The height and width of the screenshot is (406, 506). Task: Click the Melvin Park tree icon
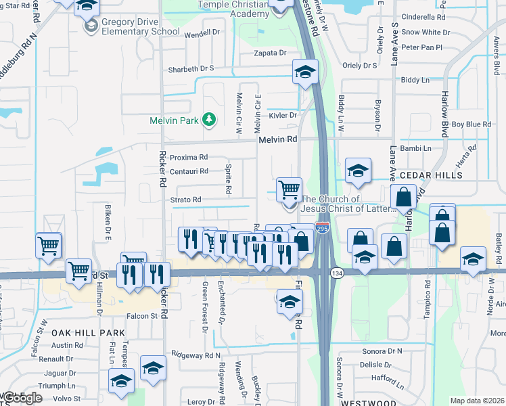[210, 120]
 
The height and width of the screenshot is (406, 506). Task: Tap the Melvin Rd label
[277, 139]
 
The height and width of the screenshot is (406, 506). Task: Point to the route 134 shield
[336, 273]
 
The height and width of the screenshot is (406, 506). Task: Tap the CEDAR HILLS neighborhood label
[430, 175]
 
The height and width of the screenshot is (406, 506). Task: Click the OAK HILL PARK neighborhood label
[89, 332]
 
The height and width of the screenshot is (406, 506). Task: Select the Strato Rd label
[186, 200]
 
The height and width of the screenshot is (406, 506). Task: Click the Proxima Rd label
[189, 157]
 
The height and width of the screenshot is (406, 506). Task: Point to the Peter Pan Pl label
[421, 47]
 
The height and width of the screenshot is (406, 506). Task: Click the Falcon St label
[143, 315]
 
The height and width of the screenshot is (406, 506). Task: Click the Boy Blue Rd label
[471, 124]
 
